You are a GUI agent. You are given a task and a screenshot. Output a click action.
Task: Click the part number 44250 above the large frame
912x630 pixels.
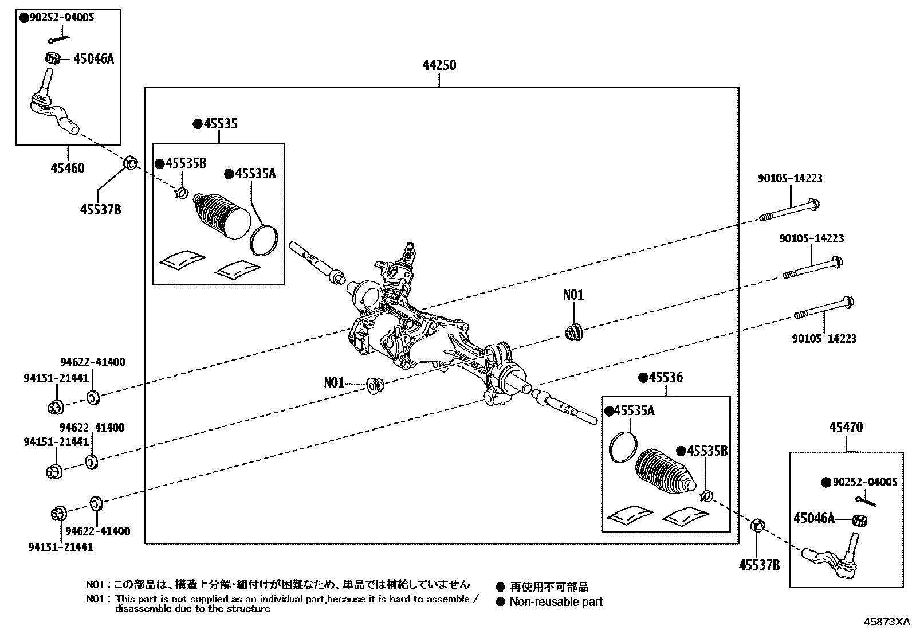(439, 65)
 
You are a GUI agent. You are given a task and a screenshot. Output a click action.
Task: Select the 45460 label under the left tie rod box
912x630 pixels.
(68, 168)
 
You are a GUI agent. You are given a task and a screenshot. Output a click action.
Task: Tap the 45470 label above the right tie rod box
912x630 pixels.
(846, 427)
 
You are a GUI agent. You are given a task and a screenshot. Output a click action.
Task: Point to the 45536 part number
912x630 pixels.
(665, 378)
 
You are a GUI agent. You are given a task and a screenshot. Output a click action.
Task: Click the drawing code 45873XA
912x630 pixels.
(887, 621)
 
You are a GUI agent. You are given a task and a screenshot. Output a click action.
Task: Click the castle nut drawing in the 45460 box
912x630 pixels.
(53, 58)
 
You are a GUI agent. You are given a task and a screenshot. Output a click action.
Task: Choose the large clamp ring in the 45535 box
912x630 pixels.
(265, 238)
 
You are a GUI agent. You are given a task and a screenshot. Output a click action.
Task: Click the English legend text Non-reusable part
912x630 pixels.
(556, 601)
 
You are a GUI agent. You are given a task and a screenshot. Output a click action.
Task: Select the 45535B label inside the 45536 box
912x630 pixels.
(706, 451)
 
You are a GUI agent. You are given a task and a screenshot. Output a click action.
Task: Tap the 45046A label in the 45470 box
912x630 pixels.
(813, 518)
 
